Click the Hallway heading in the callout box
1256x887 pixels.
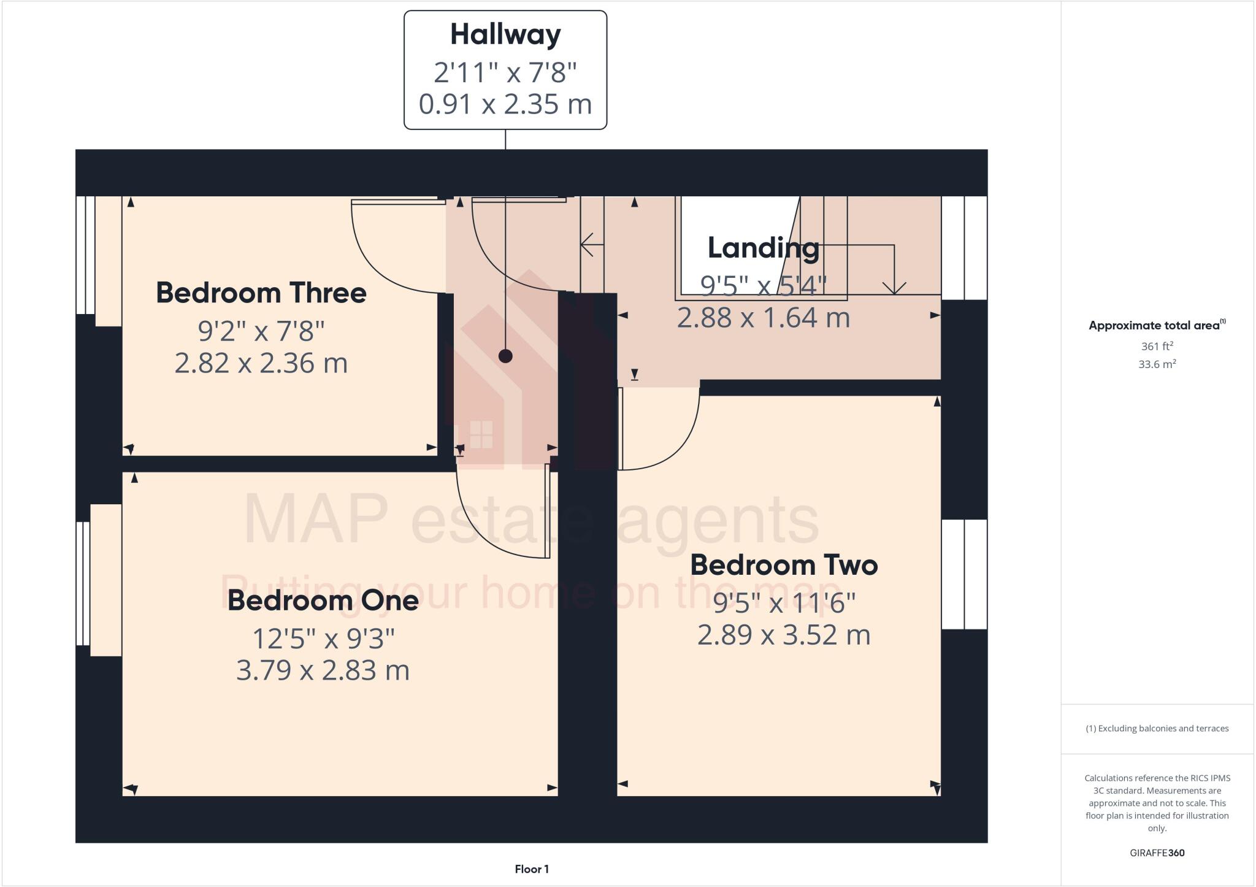click(x=505, y=34)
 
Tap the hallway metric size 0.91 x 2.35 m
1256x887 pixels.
click(x=505, y=104)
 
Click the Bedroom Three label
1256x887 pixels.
click(x=261, y=293)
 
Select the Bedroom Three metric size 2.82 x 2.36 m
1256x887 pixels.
click(x=261, y=363)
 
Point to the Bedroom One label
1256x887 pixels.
click(x=323, y=600)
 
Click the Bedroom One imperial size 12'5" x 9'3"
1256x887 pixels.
click(x=323, y=639)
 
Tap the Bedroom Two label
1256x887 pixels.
click(x=784, y=565)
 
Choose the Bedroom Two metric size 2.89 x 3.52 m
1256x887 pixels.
click(x=784, y=635)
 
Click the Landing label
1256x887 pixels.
click(x=764, y=248)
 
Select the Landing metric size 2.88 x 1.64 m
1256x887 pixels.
click(x=764, y=318)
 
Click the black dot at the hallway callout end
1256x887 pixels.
click(x=505, y=356)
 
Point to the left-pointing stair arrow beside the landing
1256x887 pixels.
click(x=588, y=245)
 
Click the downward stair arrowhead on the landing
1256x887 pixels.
click(x=894, y=287)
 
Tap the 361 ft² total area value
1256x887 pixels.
click(x=1157, y=346)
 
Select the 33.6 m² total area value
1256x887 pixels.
click(x=1157, y=364)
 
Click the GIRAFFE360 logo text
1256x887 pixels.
click(x=1157, y=853)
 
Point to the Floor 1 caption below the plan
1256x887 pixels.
click(x=532, y=869)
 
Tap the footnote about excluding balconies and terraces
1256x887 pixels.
click(x=1157, y=729)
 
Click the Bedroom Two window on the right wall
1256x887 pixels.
click(x=964, y=574)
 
